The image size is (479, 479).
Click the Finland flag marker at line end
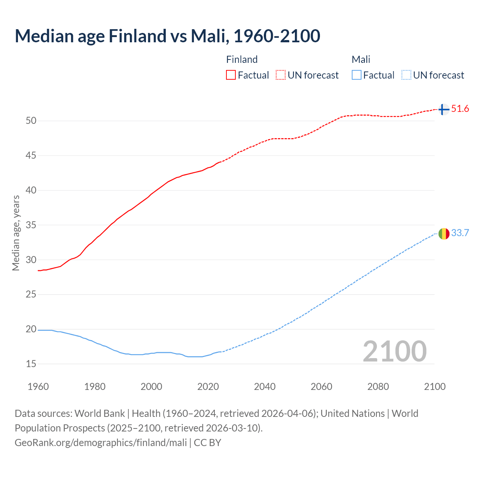coord(443,109)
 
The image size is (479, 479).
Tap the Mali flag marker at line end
coord(444,234)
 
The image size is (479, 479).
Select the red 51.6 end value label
coord(460,109)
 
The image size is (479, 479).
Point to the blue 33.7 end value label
coord(460,233)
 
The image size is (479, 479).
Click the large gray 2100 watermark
coord(394,351)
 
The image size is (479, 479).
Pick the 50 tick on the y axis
coord(31,120)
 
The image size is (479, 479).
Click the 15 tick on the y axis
coord(31,364)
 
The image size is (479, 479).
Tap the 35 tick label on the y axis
coord(31,225)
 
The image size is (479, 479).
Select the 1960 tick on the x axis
coord(38,387)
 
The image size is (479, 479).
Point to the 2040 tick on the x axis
coord(265,387)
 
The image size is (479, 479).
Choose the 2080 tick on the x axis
coord(378,387)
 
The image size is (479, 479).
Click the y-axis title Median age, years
coord(16,233)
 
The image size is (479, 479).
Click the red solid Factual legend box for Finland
coord(231,75)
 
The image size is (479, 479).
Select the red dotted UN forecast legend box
coord(281,75)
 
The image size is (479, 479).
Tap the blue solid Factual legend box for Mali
coord(357,75)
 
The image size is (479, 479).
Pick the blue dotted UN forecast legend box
coord(406,75)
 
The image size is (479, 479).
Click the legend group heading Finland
coord(242,60)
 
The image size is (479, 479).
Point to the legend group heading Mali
coord(361,60)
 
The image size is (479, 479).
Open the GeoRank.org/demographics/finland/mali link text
coord(101,443)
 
